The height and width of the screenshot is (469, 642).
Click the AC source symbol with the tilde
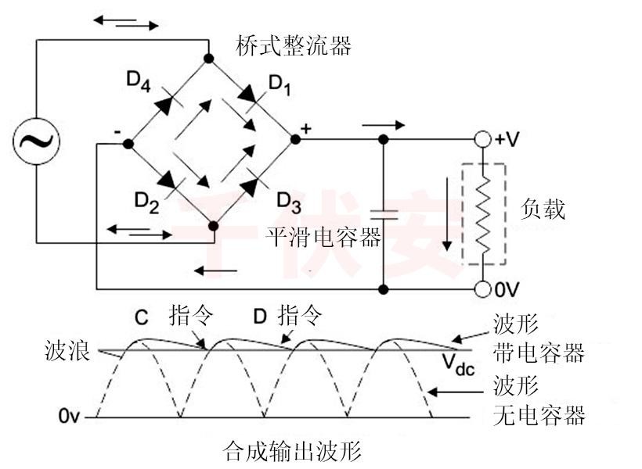point(36,141)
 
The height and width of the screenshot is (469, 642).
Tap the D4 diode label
point(138,81)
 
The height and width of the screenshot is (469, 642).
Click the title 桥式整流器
point(294,46)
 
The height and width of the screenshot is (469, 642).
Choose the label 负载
point(543,209)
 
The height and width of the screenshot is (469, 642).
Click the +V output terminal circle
point(484,140)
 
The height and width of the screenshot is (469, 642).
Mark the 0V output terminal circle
point(484,289)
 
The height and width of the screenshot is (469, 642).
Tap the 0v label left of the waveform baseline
point(68,417)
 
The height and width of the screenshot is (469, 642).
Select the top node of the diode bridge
point(208,58)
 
